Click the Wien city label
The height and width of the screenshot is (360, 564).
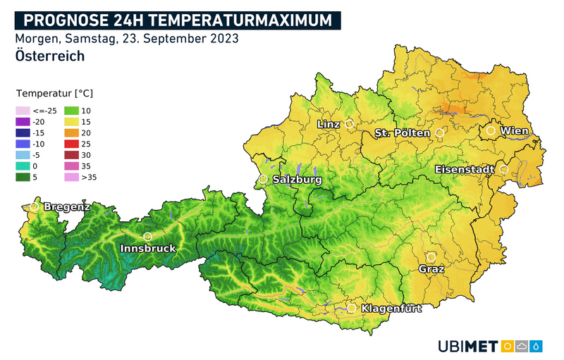point(514,131)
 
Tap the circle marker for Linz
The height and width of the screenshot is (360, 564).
point(349,124)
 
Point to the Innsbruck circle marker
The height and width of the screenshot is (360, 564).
point(147,237)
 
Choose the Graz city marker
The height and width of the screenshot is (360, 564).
point(431,257)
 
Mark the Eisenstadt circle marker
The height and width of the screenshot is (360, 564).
point(504,169)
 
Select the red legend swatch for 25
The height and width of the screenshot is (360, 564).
point(71,144)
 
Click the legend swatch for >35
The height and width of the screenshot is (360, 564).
point(71,177)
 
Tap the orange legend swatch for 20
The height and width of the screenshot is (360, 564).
point(71,132)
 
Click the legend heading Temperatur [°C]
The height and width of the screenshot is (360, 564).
point(54,93)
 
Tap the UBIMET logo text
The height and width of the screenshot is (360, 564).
point(467,346)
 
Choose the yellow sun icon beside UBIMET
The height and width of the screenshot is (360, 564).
point(506,346)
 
